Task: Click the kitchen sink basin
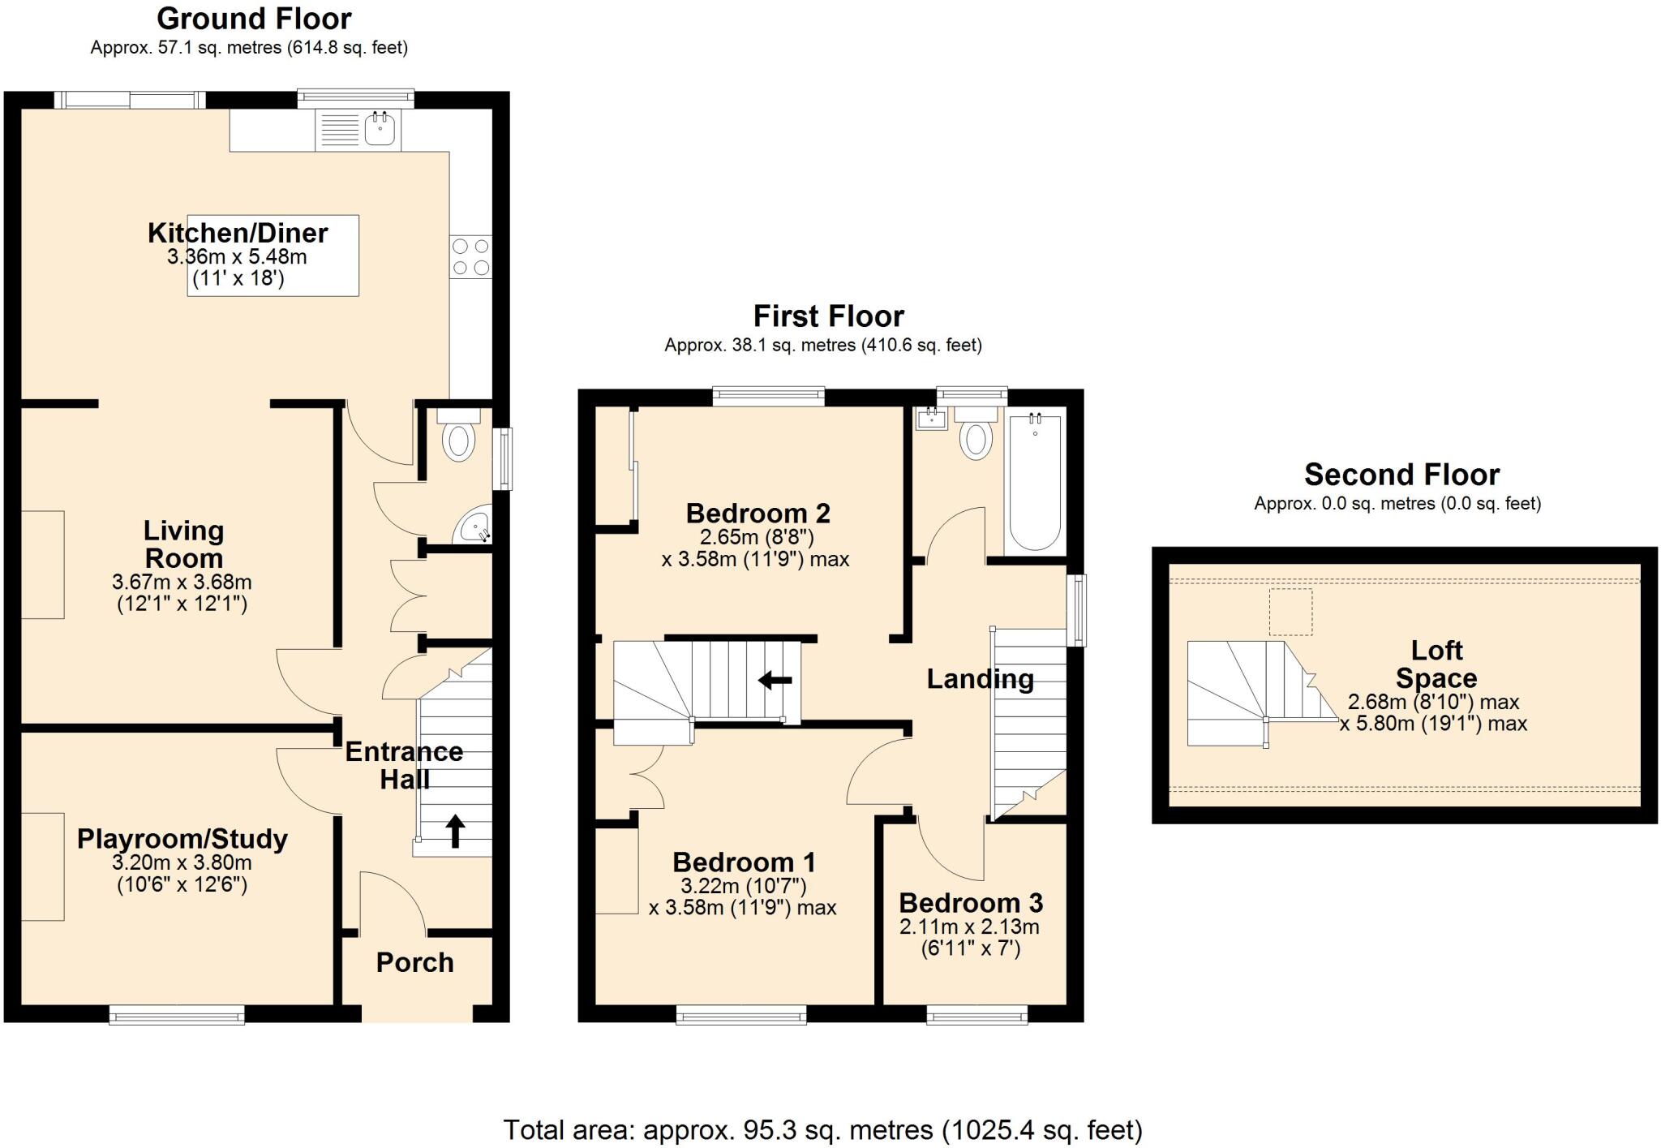(x=380, y=128)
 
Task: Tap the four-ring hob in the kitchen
(x=470, y=256)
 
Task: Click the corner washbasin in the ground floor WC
(x=474, y=527)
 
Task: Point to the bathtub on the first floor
(x=1034, y=483)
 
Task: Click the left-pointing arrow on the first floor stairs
(x=775, y=680)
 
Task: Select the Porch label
(x=414, y=962)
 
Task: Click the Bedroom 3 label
(x=971, y=903)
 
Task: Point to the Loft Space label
(x=1436, y=664)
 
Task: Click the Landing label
(x=980, y=678)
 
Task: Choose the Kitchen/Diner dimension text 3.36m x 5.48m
(x=237, y=258)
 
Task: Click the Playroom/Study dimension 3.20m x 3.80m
(x=182, y=862)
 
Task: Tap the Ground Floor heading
(x=254, y=18)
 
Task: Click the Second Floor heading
(x=1401, y=474)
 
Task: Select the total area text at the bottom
(x=822, y=1129)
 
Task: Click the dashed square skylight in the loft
(x=1290, y=612)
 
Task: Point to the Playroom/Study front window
(x=177, y=1014)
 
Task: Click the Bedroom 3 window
(x=976, y=1014)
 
